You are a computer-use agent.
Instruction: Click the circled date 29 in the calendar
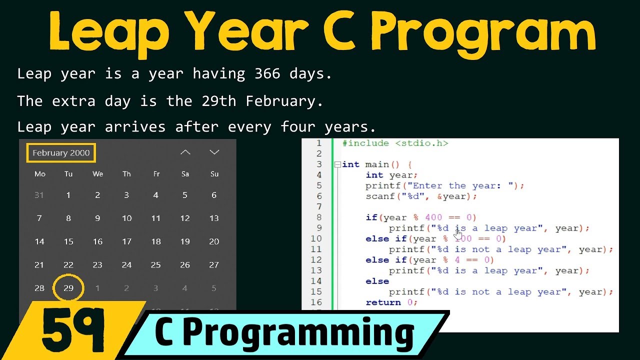click(x=68, y=288)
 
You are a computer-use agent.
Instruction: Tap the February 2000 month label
click(x=61, y=153)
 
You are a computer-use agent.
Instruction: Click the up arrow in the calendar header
click(x=185, y=152)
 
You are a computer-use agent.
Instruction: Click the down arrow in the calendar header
click(x=214, y=152)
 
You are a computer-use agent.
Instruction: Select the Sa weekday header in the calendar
click(x=185, y=174)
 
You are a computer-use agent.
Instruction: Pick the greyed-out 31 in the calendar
click(x=39, y=195)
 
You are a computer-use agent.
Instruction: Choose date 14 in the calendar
click(x=39, y=241)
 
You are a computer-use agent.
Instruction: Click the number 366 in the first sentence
click(x=267, y=74)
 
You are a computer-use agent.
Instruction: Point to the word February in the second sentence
click(x=280, y=101)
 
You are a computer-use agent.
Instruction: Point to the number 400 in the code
click(x=433, y=217)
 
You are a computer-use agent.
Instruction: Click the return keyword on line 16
click(x=383, y=302)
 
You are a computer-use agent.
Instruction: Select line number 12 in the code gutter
click(x=316, y=260)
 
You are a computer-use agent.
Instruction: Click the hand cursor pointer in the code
click(x=458, y=232)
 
